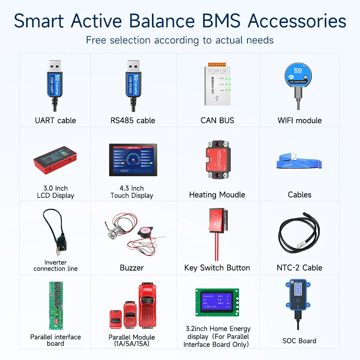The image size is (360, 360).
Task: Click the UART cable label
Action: coord(55,121)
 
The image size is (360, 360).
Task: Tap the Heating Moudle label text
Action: coord(217,195)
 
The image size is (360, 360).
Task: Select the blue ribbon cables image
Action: coord(299,161)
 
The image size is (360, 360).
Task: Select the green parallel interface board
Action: coord(55,305)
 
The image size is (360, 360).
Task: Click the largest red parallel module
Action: coord(147,305)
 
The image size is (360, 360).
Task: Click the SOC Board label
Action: coord(299,341)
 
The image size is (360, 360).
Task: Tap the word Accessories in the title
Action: coord(297,21)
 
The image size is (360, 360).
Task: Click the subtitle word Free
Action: coord(96,40)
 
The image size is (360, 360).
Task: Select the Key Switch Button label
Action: coord(217,268)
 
